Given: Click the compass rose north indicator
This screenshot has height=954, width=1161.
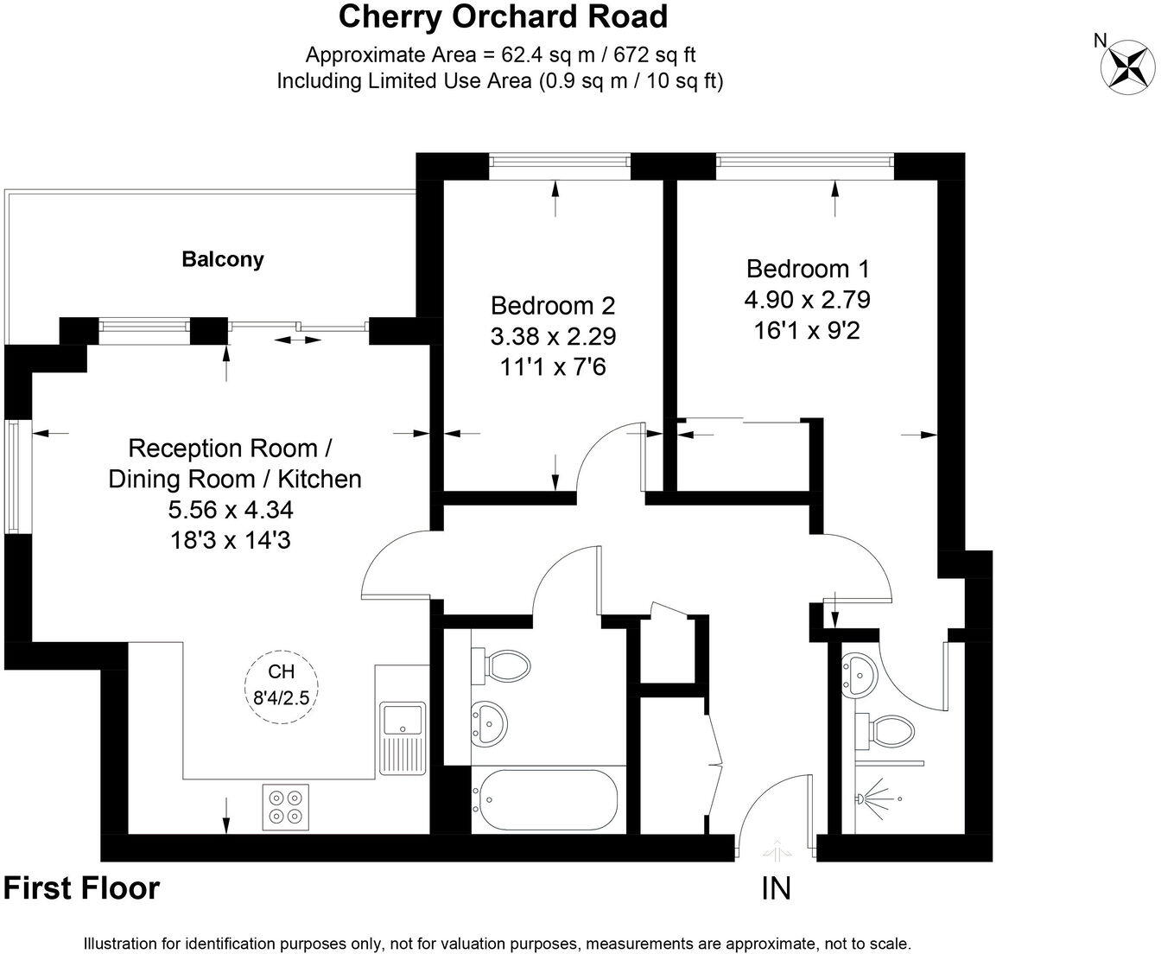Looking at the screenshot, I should point(1126,63).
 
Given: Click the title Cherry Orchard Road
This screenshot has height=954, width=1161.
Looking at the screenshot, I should point(503,16).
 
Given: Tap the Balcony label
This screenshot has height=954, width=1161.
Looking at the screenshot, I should point(223,259).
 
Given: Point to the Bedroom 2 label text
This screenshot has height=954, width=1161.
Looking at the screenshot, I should point(553,305).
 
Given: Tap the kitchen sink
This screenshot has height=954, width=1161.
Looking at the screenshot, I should point(403,720).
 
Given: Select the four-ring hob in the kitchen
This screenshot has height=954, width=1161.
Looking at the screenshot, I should point(286,806).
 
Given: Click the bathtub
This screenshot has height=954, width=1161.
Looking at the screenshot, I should point(545,801).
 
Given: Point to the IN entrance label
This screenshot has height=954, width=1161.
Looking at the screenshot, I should point(776,888).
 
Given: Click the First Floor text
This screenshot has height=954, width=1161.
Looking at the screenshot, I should point(82,888).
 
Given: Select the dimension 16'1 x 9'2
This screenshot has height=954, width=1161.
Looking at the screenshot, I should point(807,330).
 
